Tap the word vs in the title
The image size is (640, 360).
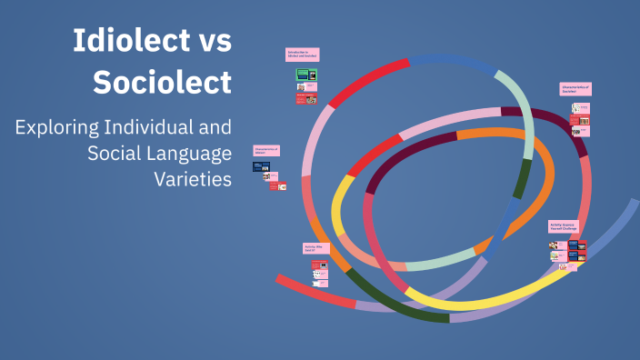coord(210,42)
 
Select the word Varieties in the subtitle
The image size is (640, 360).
coord(193,178)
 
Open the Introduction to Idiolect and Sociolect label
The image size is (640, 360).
coord(303,55)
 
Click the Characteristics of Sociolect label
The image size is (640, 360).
coord(575,89)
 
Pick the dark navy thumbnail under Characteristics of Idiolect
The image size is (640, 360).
coord(261,168)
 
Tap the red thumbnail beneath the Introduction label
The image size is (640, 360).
coord(306,98)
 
